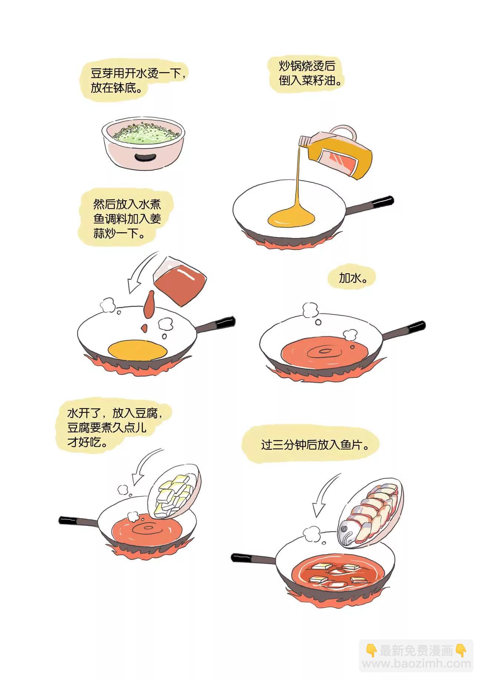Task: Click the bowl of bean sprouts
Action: click(143, 142)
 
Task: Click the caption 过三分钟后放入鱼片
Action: click(315, 444)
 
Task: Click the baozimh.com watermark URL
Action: click(416, 664)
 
